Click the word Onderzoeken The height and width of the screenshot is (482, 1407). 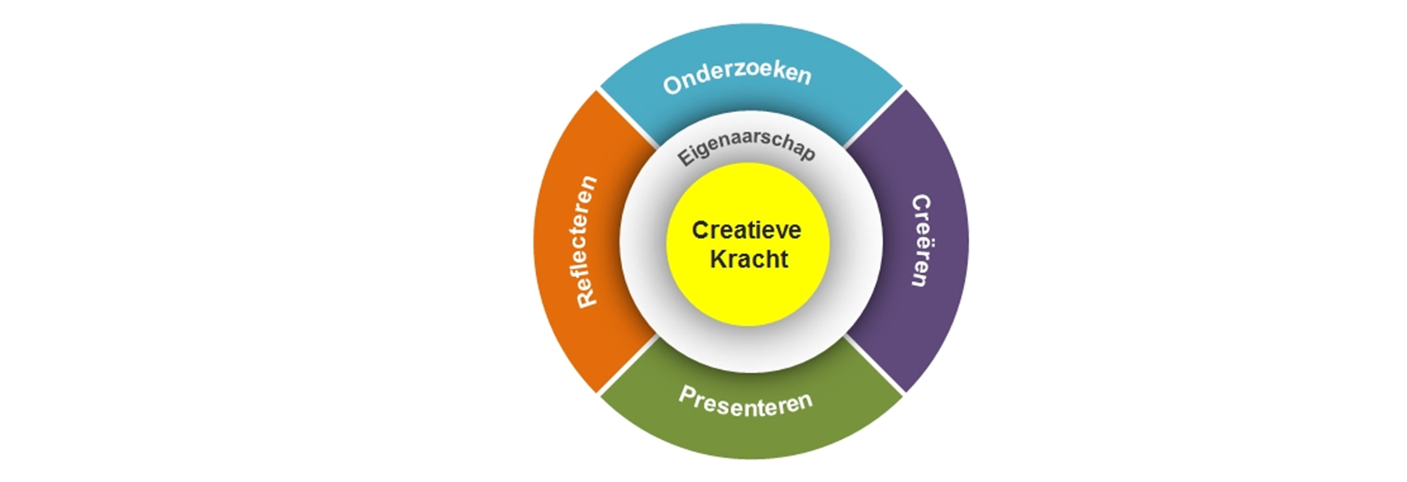[x=737, y=77]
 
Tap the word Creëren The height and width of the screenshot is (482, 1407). [x=920, y=241]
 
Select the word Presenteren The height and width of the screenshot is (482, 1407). [x=746, y=403]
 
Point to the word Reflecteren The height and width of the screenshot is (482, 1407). [x=586, y=241]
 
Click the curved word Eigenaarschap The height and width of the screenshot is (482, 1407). [x=746, y=145]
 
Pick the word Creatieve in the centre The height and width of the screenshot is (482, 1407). [x=746, y=230]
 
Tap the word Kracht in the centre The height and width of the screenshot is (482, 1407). [x=749, y=259]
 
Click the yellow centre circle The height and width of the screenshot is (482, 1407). [x=748, y=245]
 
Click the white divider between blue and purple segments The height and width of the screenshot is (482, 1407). [x=874, y=118]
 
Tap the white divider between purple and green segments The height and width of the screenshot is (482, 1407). [x=874, y=364]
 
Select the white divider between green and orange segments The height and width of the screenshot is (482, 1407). [x=628, y=364]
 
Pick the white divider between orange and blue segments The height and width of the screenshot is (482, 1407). [x=628, y=118]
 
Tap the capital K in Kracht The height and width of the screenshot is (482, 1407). [x=718, y=259]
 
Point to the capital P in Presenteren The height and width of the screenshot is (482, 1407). [x=687, y=395]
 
